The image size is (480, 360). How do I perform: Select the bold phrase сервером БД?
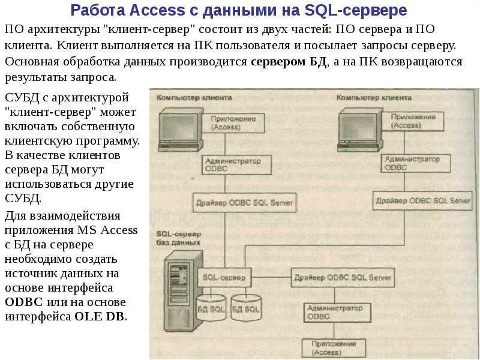click(x=289, y=62)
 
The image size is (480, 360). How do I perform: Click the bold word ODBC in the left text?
click(x=23, y=301)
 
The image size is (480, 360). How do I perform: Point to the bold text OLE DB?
click(x=101, y=316)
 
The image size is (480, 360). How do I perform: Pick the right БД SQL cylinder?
click(x=245, y=307)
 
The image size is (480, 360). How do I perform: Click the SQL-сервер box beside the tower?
click(x=223, y=277)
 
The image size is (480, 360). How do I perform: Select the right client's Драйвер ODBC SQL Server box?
click(x=421, y=200)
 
